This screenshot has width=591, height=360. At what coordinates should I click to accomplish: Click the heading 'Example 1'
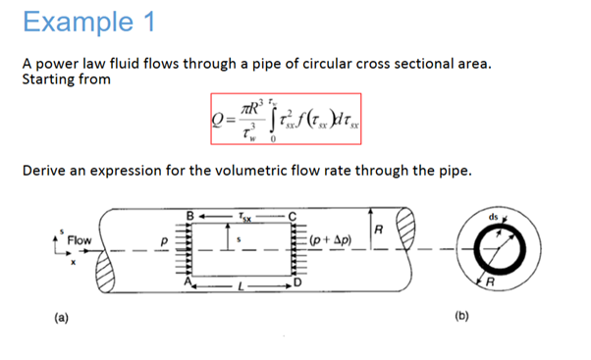[83, 22]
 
